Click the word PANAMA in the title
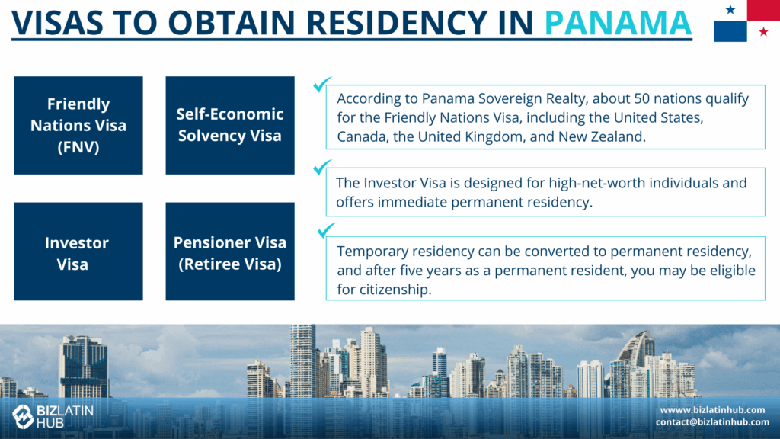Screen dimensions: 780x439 618,22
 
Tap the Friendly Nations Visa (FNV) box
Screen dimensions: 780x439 78,126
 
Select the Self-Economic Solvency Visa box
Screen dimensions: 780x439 230,126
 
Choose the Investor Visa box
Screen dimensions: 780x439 78,252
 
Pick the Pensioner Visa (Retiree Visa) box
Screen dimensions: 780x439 230,252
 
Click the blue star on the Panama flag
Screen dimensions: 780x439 730,9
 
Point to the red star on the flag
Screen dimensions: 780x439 763,32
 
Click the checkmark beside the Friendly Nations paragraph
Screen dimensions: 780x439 322,84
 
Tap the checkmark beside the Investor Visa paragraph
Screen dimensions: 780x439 322,167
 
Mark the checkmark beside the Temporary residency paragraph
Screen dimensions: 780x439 326,230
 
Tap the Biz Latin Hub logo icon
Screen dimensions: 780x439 23,416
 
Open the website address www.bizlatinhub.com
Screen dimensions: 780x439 712,409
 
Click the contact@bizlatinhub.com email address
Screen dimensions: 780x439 712,422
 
